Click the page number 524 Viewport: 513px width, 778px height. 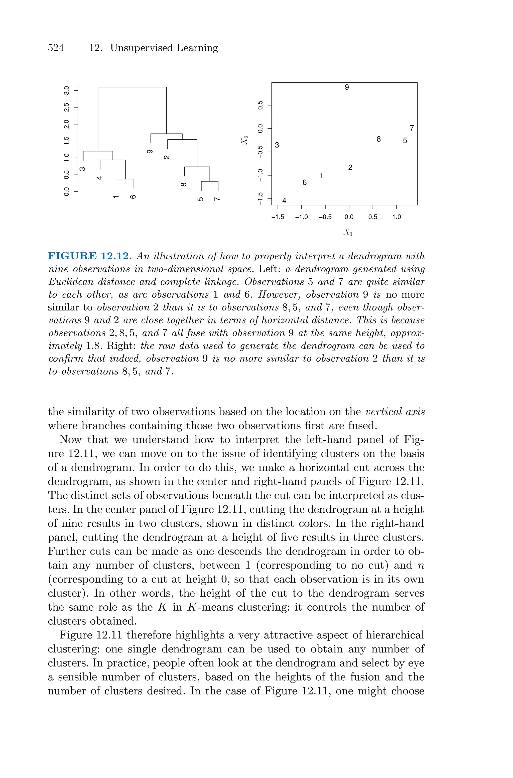pos(56,48)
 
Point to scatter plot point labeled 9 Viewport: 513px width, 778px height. pos(347,87)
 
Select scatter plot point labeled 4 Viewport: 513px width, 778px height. pos(284,200)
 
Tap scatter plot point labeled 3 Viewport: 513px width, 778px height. pos(277,145)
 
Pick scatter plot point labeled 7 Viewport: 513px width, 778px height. pos(412,128)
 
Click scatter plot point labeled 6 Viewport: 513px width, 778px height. pos(305,183)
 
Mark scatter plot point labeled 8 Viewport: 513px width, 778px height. pos(378,139)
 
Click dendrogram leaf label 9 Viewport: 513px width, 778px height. pos(150,152)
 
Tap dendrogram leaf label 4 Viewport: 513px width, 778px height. pos(99,178)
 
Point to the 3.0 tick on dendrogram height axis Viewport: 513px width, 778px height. pos(67,90)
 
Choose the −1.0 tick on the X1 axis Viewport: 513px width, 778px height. pos(301,217)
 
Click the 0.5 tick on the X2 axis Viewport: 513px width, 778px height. pos(261,105)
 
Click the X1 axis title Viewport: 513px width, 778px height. pos(348,232)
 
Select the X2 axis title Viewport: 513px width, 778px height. pos(245,140)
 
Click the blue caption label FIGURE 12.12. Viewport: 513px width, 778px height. pos(90,256)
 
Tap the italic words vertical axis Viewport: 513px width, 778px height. pos(395,412)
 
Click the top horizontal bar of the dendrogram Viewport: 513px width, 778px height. pos(132,87)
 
